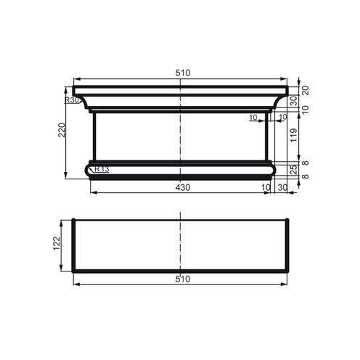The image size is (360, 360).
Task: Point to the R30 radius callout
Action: point(71,100)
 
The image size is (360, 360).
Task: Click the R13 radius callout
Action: point(102,170)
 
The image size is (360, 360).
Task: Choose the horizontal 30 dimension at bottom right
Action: point(282,187)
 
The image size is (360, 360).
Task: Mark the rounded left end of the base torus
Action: point(89,170)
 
